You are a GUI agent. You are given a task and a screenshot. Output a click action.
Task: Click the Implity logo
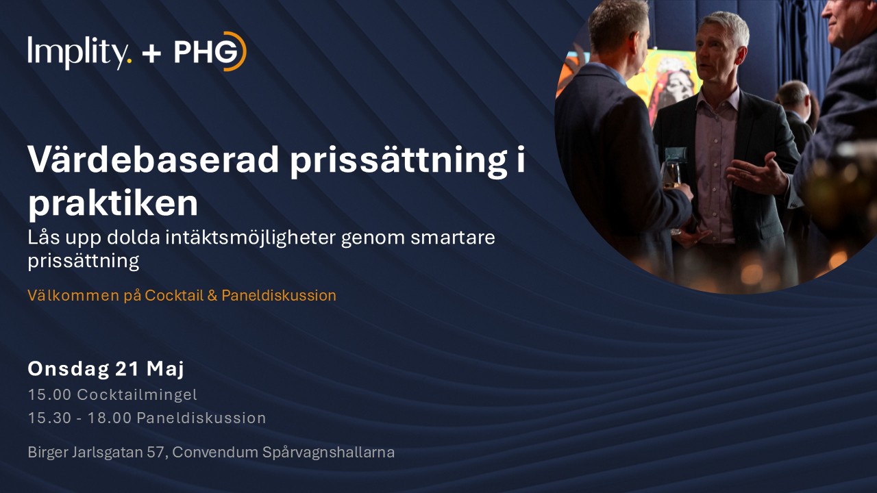tap(79, 52)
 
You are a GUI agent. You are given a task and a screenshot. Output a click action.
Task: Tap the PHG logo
tap(210, 51)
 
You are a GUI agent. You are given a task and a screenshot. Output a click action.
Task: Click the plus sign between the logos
tap(152, 53)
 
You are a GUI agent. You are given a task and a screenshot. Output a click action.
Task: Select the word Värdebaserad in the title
tap(153, 160)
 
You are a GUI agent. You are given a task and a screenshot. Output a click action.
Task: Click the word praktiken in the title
tap(113, 203)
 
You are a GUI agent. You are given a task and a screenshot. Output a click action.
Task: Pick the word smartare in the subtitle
tap(453, 238)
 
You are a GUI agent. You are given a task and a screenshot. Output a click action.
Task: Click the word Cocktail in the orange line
tap(174, 295)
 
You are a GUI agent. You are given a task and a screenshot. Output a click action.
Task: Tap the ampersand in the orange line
tap(212, 295)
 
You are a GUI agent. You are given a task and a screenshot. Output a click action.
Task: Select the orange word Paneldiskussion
tap(279, 295)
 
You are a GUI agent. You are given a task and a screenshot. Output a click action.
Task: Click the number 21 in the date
tap(127, 368)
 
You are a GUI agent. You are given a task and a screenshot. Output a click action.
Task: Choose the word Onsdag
tap(68, 369)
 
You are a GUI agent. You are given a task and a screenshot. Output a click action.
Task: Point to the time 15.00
tap(49, 394)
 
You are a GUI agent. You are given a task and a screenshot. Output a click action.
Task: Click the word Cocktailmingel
tap(137, 395)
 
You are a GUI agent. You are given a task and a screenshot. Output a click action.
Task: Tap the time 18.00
tap(109, 418)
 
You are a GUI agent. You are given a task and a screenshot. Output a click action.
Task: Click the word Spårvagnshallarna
tap(328, 453)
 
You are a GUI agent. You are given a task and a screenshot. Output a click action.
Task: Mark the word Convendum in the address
tap(214, 453)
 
